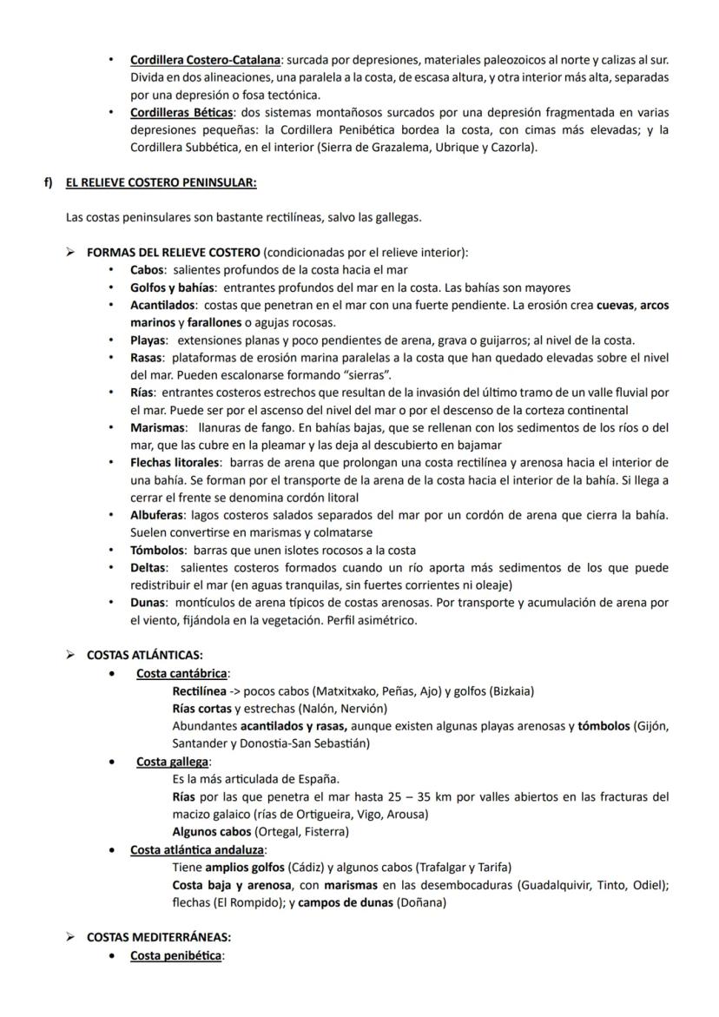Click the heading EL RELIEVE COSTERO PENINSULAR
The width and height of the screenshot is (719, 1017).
click(161, 182)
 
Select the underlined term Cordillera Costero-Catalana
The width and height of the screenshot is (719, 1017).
click(205, 61)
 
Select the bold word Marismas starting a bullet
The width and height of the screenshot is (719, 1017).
click(158, 427)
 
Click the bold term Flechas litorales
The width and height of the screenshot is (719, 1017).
click(174, 462)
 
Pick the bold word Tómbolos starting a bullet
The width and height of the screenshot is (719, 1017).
click(157, 550)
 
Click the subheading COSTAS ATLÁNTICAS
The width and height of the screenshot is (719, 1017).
click(144, 656)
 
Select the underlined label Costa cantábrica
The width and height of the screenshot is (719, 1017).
click(181, 673)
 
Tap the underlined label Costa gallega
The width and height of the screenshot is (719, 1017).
click(173, 762)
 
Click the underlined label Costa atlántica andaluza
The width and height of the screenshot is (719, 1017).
click(198, 849)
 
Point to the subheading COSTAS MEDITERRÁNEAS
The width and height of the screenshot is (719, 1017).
click(158, 938)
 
